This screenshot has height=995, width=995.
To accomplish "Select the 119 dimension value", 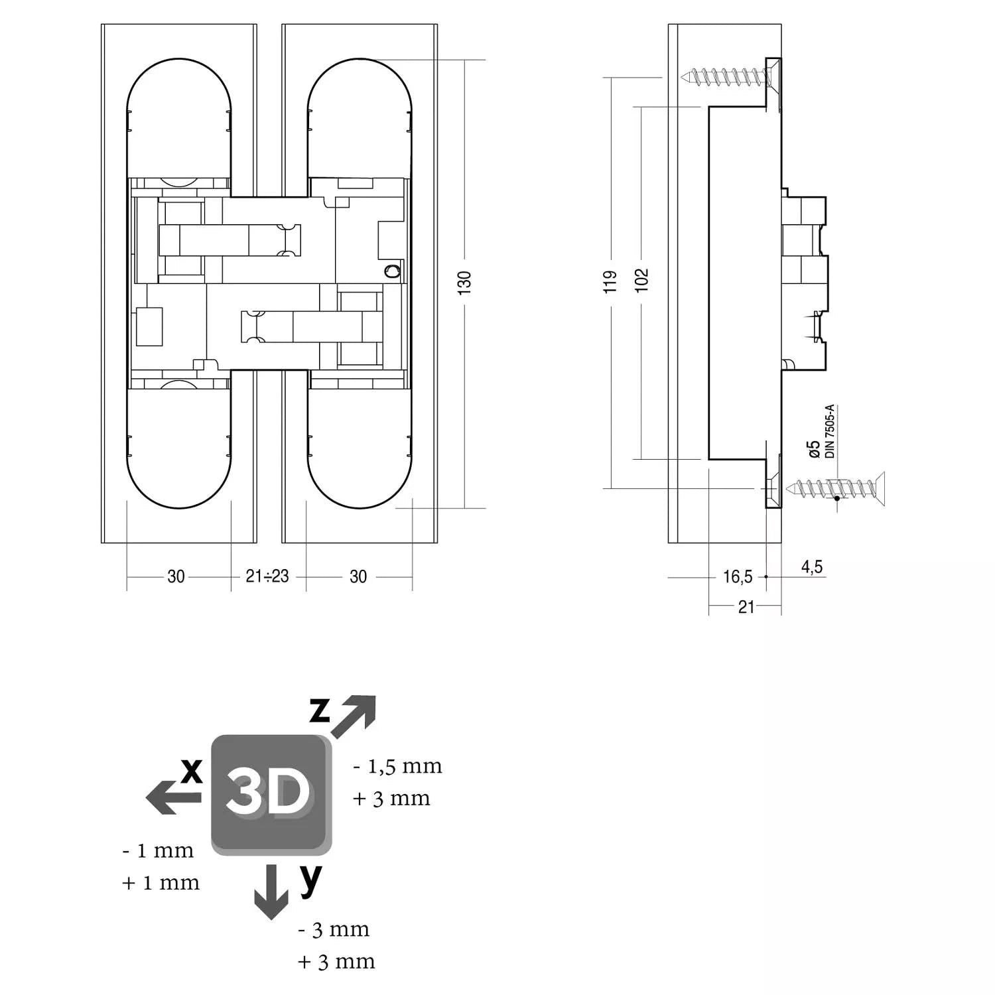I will pos(612,281).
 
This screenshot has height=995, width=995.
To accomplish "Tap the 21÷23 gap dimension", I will pos(267,576).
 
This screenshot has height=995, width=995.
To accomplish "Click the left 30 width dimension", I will pos(176,576).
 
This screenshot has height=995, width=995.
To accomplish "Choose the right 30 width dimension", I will pos(358,576).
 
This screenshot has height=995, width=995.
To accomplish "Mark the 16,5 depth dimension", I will pos(738,577).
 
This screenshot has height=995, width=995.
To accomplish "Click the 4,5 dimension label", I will pos(812,566).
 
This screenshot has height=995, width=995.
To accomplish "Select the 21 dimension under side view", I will pos(746,606).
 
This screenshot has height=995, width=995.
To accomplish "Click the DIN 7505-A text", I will pos(829,432).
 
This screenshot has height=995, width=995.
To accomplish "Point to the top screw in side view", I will pos(730,77).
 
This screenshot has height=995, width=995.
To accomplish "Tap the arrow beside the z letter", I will pos(354,717).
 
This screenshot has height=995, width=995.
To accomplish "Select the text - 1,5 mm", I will pos(397,766).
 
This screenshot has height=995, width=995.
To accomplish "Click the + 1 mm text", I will pos(161,882).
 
